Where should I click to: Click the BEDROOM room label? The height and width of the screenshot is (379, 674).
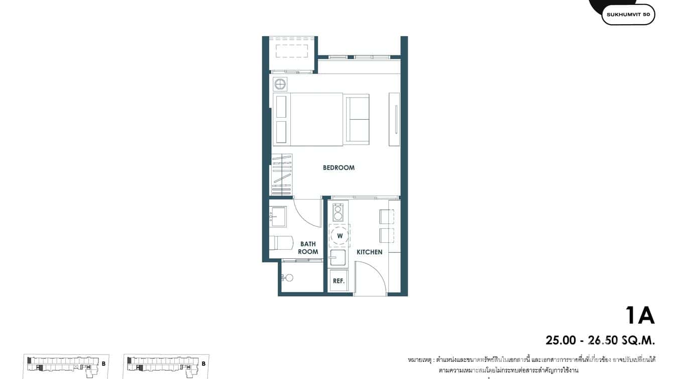339,168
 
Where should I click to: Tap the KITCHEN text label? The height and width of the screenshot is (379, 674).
369,252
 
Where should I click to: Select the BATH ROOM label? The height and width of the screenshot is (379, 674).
308,248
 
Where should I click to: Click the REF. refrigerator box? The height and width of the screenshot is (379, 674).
339,281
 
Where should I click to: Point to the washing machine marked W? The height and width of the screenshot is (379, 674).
340,236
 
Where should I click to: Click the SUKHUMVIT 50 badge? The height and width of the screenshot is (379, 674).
628,15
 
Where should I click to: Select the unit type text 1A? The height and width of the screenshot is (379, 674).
640,316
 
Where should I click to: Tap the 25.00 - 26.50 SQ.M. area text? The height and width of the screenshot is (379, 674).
600,340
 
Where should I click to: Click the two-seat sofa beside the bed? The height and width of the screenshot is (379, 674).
357,119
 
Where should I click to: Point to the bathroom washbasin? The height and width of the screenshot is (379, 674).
278,217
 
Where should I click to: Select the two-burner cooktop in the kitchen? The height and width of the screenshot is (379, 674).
338,212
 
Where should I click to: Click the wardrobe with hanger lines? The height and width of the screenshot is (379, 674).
281,174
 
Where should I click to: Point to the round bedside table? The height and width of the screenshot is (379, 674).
280,84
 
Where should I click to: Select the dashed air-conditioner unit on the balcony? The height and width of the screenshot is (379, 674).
292,51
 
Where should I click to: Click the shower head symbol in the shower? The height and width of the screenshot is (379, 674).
288,277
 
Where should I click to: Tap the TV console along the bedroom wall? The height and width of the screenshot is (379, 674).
395,119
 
